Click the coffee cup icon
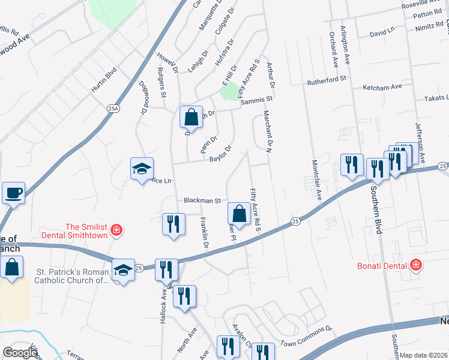click(x=13, y=193)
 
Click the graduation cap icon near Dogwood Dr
click(x=142, y=169)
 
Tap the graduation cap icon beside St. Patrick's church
click(x=123, y=271)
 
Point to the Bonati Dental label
click(x=384, y=265)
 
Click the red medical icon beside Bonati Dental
click(x=415, y=265)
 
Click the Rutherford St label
click(x=327, y=79)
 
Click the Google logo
click(x=20, y=352)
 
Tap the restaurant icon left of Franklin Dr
click(x=172, y=224)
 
